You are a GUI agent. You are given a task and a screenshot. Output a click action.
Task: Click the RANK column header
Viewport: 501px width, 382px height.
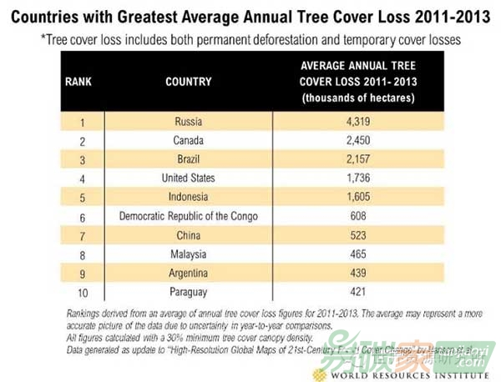[78, 82]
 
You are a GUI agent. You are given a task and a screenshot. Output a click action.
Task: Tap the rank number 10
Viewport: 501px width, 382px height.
[82, 291]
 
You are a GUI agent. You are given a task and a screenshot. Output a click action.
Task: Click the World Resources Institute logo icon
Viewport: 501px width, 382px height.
[318, 374]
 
